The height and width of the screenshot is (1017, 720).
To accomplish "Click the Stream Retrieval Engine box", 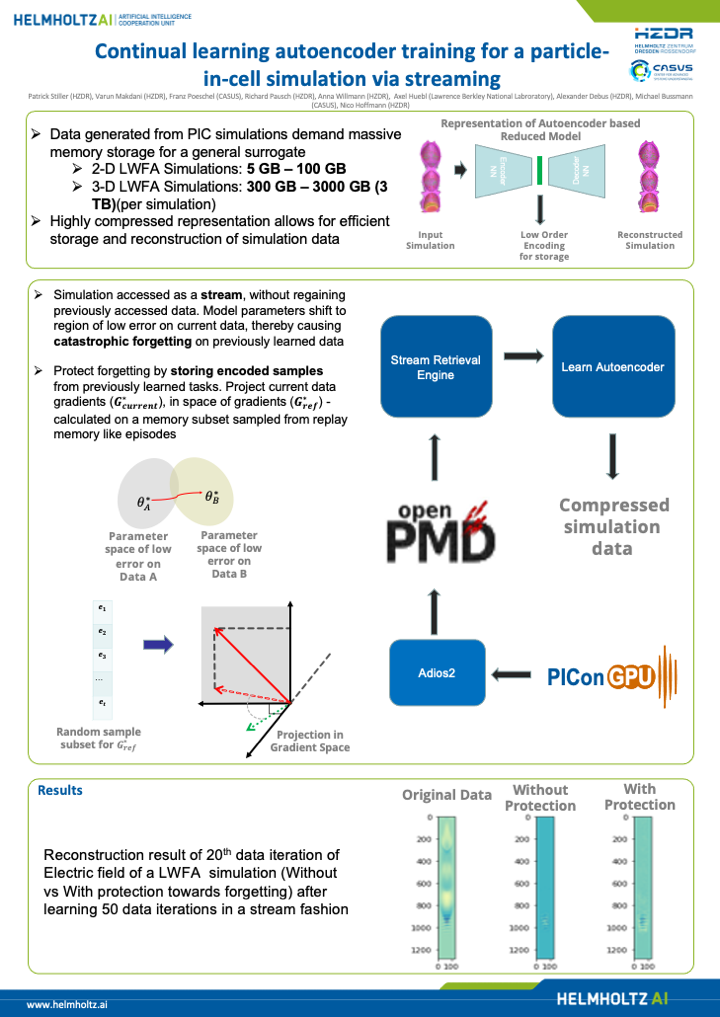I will [436, 368].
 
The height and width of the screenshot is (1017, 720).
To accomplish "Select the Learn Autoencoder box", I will [613, 367].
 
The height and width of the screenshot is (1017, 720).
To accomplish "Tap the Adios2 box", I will [436, 673].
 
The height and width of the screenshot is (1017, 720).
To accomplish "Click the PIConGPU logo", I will [599, 677].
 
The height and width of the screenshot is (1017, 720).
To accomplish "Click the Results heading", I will [60, 790].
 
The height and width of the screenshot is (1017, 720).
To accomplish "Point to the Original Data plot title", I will [447, 795].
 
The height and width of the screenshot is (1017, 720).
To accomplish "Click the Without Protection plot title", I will [540, 798].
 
